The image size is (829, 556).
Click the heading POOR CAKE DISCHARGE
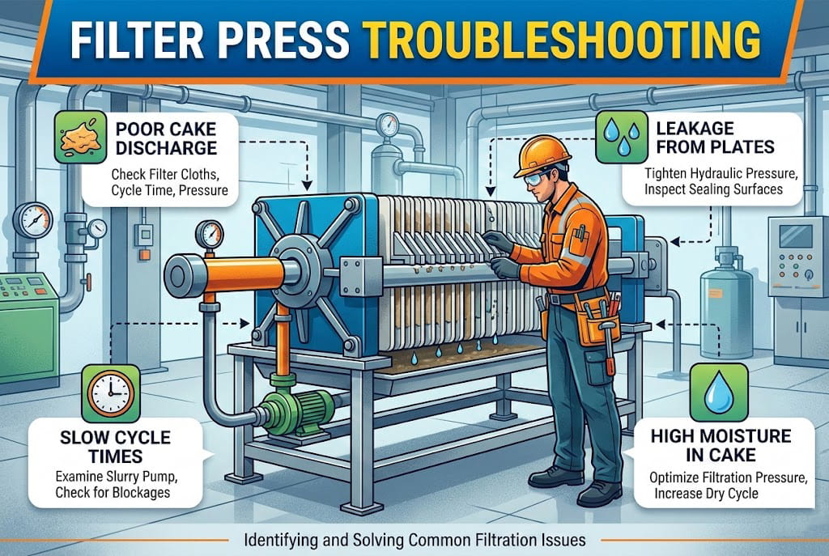(x=166, y=138)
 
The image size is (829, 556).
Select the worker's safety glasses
(x=535, y=179)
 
